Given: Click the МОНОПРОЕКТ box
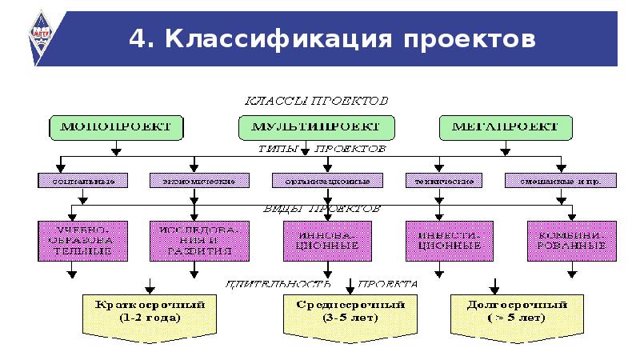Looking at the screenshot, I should [115, 126].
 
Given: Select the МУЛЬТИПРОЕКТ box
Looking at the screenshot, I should [316, 127].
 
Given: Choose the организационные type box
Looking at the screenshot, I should [319, 182].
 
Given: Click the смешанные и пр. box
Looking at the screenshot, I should [562, 182].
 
